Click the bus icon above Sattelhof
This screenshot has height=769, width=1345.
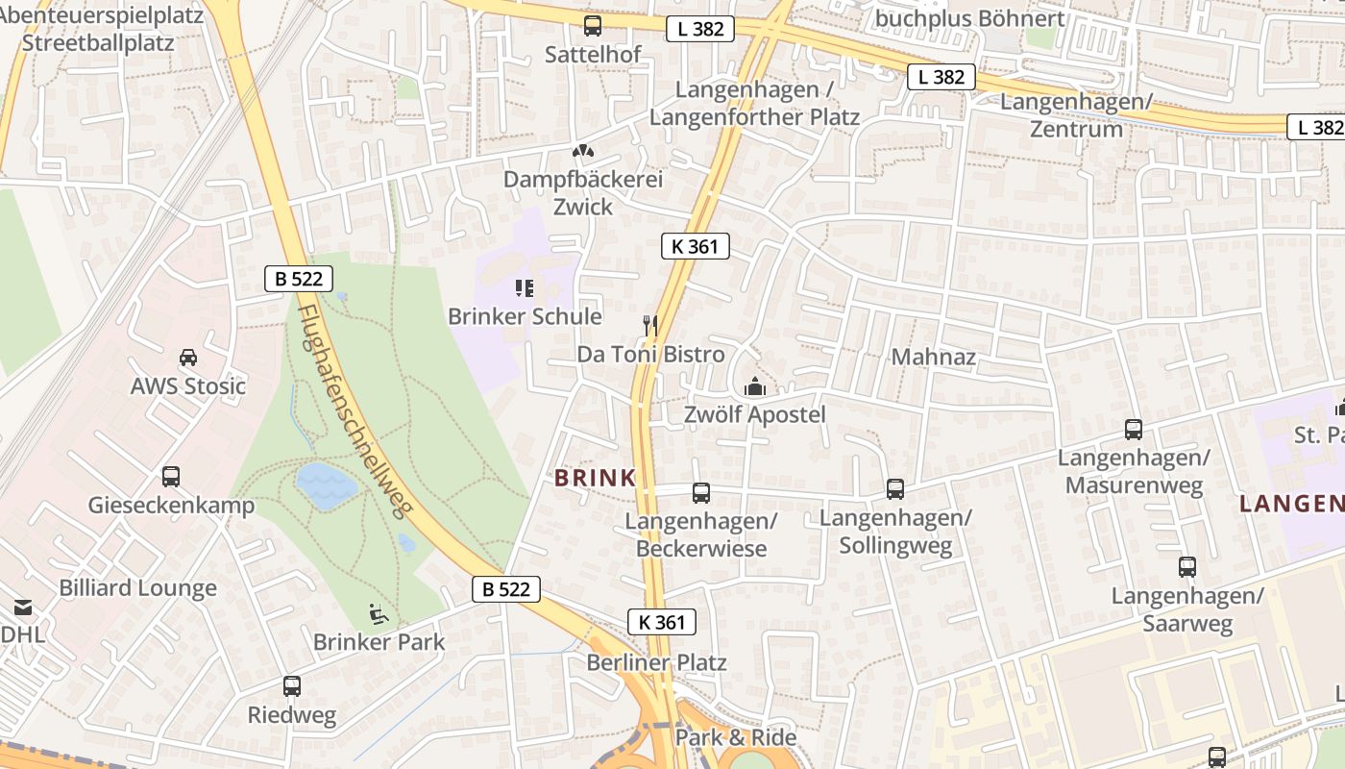(593, 26)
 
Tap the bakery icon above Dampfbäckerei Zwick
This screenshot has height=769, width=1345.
(582, 151)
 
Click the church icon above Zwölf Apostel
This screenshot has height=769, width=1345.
(755, 387)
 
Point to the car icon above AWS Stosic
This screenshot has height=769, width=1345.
(188, 358)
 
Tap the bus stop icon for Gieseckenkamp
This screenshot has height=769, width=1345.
(171, 476)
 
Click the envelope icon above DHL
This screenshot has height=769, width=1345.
(22, 607)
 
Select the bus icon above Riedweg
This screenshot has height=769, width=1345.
(292, 686)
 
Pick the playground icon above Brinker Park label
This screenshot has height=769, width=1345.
(379, 612)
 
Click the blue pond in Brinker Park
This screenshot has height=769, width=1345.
(326, 486)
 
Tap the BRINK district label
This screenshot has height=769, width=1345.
(596, 477)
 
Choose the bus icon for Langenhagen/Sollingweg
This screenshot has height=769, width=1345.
(895, 489)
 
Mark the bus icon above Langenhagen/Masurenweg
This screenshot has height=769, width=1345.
(1134, 430)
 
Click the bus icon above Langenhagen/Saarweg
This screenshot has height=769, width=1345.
(1187, 567)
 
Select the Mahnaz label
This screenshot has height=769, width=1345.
(934, 358)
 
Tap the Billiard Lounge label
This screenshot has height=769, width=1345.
(138, 588)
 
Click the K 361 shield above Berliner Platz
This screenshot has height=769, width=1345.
(662, 622)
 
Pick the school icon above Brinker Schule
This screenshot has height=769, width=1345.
(524, 287)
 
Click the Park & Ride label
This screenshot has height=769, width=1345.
(736, 737)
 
